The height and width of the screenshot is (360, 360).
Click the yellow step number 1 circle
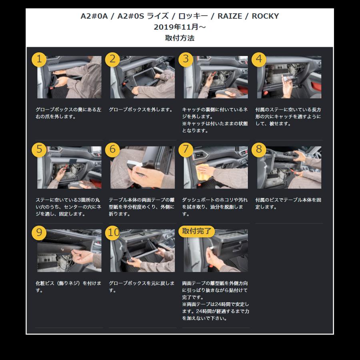click(x=39, y=60)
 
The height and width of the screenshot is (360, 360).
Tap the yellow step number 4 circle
click(x=259, y=60)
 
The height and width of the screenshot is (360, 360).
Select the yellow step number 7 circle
click(x=186, y=150)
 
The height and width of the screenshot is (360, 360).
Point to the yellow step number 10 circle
click(x=113, y=233)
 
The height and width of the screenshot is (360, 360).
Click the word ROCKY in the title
click(x=265, y=16)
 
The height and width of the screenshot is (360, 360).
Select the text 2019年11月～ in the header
click(x=180, y=27)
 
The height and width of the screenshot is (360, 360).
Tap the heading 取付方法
click(x=180, y=38)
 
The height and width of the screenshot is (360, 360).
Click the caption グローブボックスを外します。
click(x=141, y=110)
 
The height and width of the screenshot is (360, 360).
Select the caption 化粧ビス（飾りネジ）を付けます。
click(x=68, y=287)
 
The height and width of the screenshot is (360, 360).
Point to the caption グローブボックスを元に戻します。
click(x=142, y=287)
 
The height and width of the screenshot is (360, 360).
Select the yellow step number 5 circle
click(x=39, y=150)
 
